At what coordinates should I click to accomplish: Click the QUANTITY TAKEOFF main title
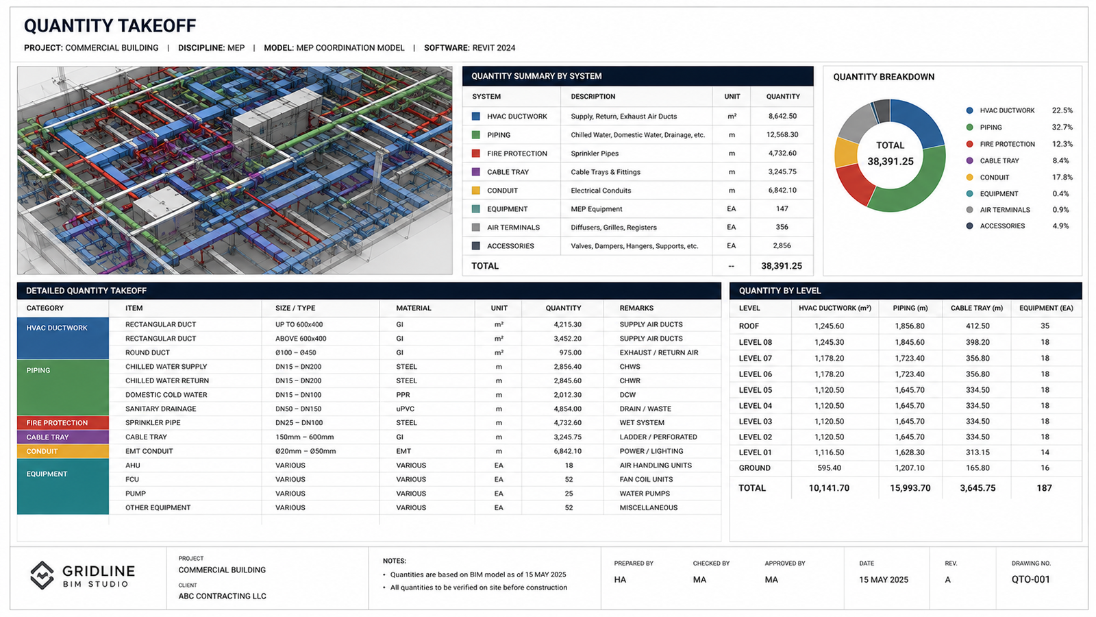pos(110,26)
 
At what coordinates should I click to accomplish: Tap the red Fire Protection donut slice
pos(854,184)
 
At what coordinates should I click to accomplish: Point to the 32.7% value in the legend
pos(1062,128)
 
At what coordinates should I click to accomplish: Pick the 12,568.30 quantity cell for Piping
pos(782,134)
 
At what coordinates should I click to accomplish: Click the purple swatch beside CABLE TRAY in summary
pos(475,172)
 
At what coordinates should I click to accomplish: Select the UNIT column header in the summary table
pos(732,97)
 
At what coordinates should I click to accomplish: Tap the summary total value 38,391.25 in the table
pos(782,266)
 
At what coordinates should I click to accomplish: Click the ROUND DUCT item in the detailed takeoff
pos(147,352)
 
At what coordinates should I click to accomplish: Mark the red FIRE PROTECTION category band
pos(62,422)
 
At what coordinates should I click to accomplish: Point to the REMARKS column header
pos(636,308)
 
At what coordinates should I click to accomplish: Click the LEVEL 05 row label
pos(755,390)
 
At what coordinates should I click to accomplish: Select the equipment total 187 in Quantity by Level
pos(1044,487)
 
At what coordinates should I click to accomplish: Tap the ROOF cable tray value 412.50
pos(977,326)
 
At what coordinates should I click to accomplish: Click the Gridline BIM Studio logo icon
pos(42,575)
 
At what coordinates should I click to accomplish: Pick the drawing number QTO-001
pos(1030,579)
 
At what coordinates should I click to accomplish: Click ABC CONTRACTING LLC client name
pos(222,596)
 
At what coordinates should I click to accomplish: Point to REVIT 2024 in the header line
pos(493,48)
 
